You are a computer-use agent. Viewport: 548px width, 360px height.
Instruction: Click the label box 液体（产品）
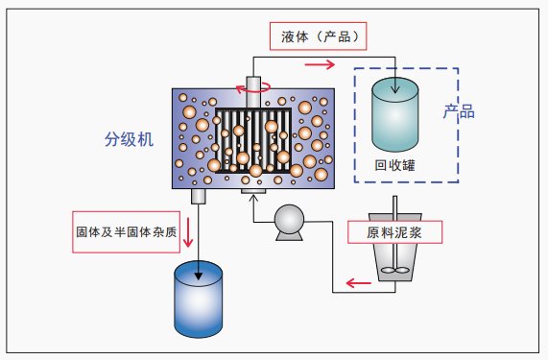(317, 36)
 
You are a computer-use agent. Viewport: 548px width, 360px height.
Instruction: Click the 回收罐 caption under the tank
(394, 162)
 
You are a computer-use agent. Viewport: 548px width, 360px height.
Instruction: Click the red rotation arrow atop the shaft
(254, 86)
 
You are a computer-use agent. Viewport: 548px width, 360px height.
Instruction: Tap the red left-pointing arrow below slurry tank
(358, 283)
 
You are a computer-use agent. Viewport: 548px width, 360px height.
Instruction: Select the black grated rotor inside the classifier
(254, 139)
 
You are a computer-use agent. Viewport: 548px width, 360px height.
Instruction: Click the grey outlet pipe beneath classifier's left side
(201, 196)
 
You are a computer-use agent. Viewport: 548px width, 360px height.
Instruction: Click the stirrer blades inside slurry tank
(395, 270)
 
